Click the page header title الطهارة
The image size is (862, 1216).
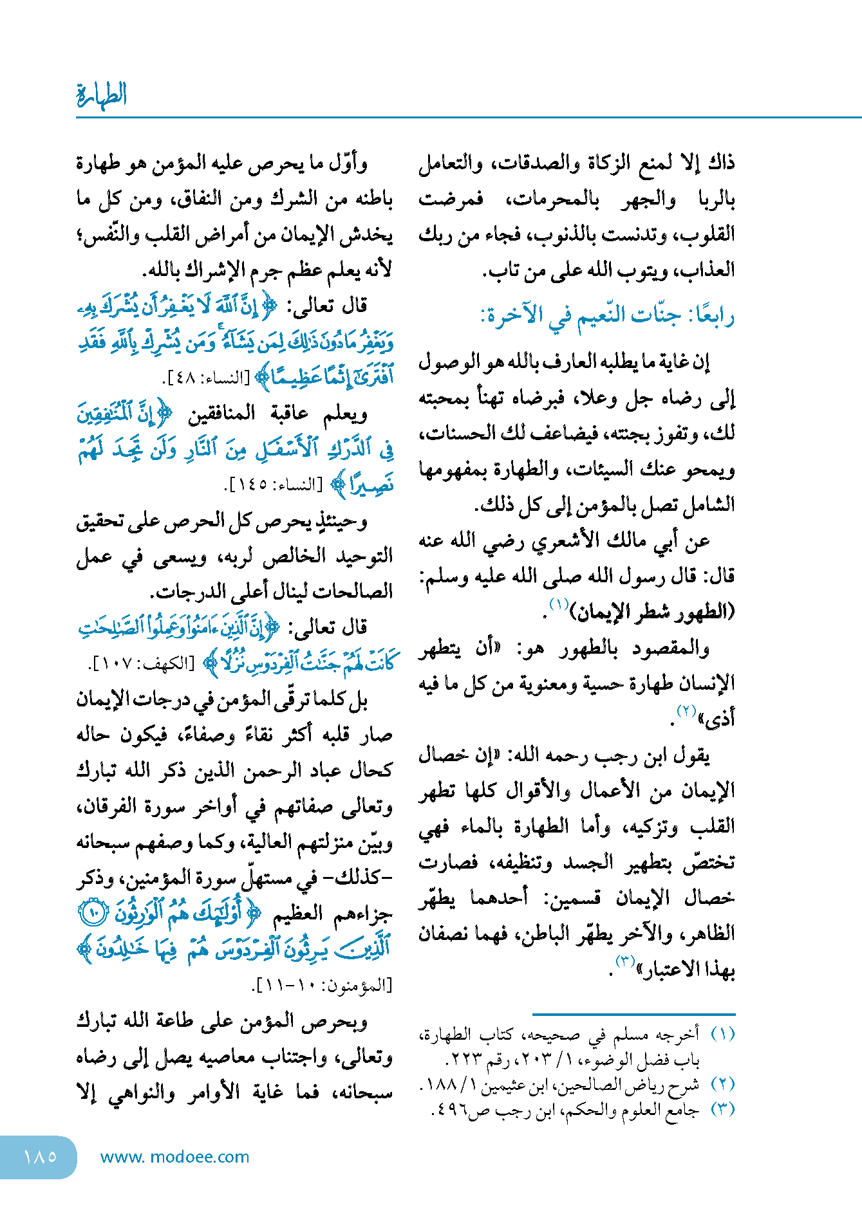pyautogui.click(x=102, y=95)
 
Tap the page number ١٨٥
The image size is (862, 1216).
pyautogui.click(x=40, y=1156)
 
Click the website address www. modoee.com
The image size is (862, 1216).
pyautogui.click(x=174, y=1157)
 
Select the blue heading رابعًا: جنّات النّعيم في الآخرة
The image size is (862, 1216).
pyautogui.click(x=608, y=315)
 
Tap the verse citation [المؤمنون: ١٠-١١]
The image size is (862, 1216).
pyautogui.click(x=324, y=985)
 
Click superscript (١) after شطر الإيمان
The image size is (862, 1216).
pyautogui.click(x=558, y=604)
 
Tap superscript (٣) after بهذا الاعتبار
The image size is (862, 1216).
pyautogui.click(x=625, y=961)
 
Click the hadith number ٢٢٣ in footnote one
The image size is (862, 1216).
pyautogui.click(x=462, y=1059)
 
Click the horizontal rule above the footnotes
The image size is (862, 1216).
pyautogui.click(x=633, y=1014)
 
